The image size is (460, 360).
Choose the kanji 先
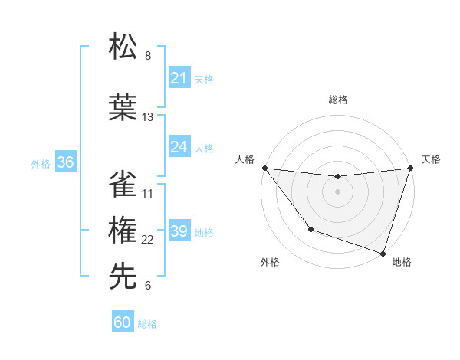tap(123, 276)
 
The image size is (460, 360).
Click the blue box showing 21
tap(179, 78)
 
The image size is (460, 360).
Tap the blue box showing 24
tap(179, 147)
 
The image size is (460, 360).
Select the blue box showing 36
tap(65, 163)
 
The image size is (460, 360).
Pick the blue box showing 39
tap(179, 231)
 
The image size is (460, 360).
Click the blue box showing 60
tap(123, 323)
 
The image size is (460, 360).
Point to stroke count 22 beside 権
tap(148, 240)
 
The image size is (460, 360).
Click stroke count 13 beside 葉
tap(148, 117)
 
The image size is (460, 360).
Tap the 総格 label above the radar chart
tap(338, 100)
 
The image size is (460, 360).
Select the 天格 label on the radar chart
tap(432, 159)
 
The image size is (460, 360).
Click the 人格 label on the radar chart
tap(245, 159)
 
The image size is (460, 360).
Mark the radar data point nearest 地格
tap(383, 253)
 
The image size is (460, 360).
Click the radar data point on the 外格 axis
tap(310, 229)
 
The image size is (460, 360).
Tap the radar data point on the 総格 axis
tap(337, 177)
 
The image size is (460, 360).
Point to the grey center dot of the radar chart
tap(337, 191)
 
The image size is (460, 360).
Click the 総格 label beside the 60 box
tap(148, 324)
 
